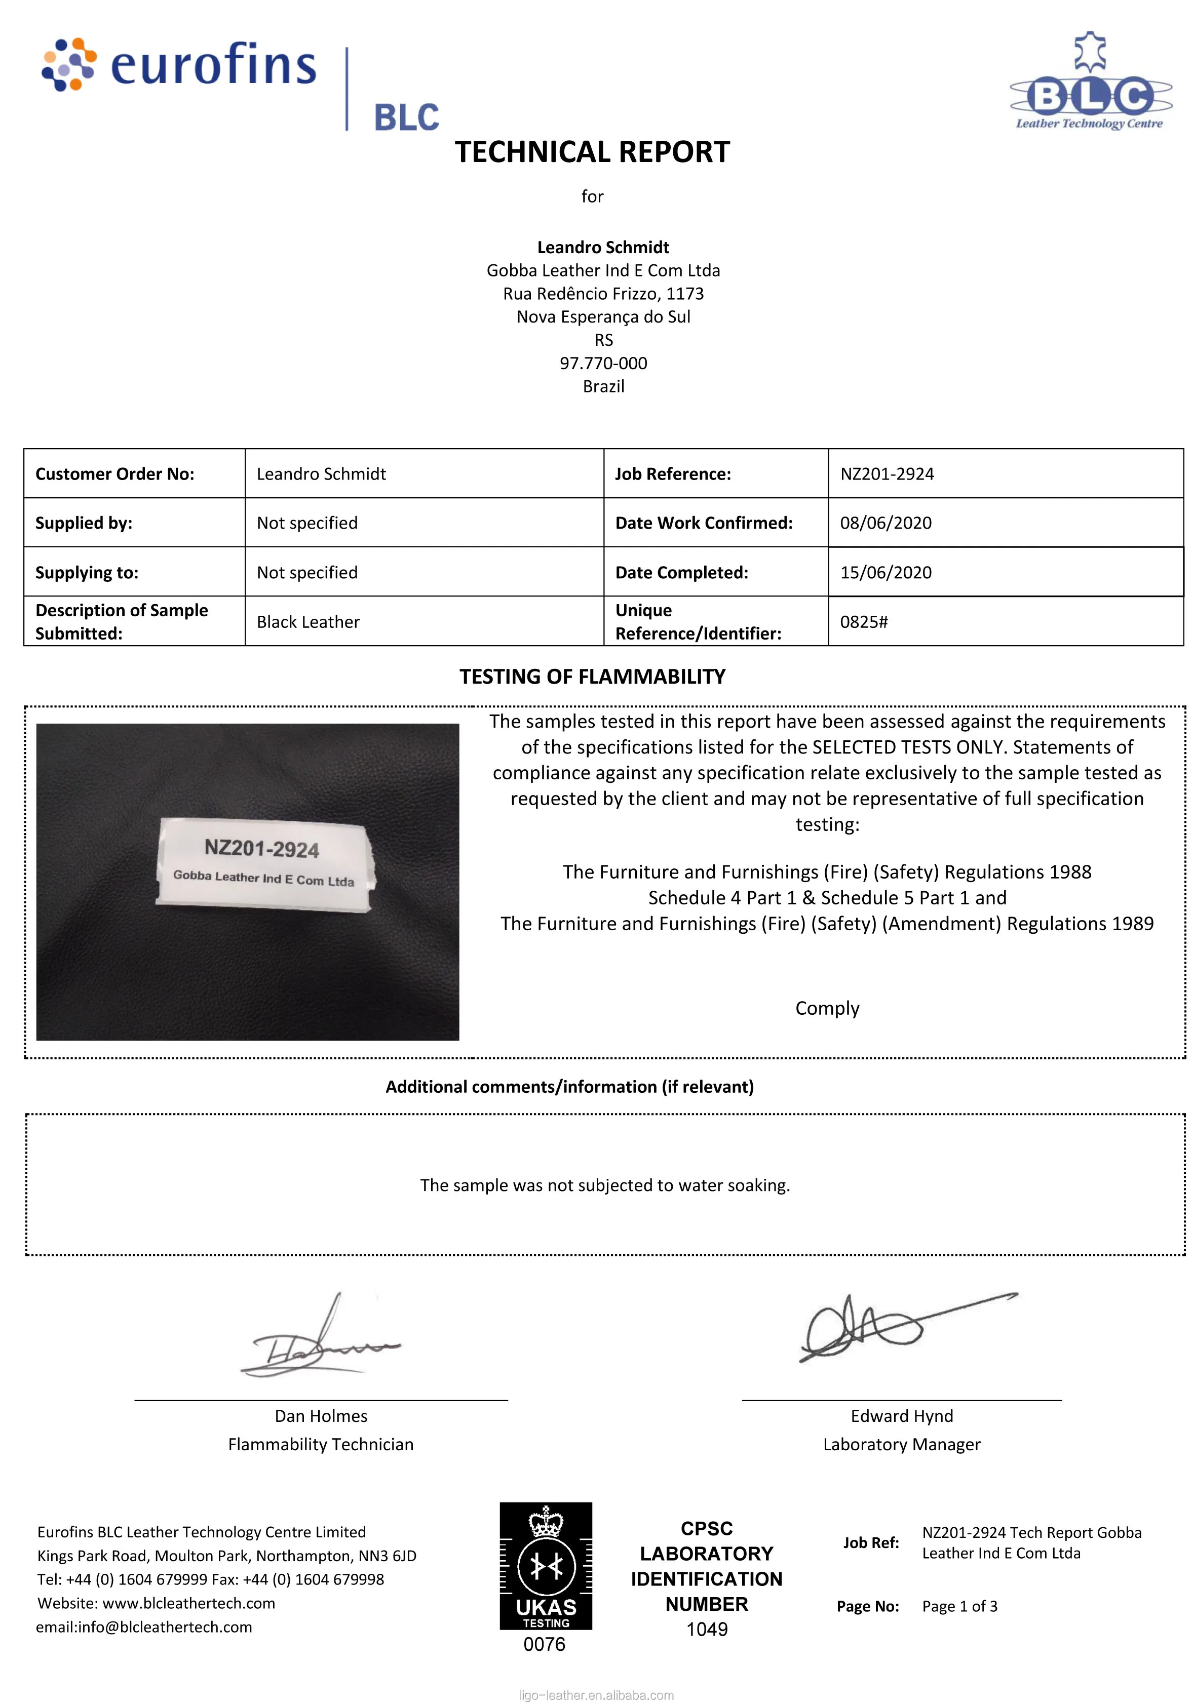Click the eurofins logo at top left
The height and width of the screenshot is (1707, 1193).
click(x=178, y=65)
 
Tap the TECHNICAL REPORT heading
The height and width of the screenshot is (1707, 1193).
click(x=592, y=152)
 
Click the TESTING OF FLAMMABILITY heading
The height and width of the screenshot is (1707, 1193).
click(x=592, y=677)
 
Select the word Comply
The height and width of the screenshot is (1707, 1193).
click(x=827, y=1008)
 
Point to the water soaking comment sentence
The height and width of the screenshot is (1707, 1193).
click(x=605, y=1185)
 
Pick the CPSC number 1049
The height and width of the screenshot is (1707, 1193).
click(x=707, y=1630)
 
